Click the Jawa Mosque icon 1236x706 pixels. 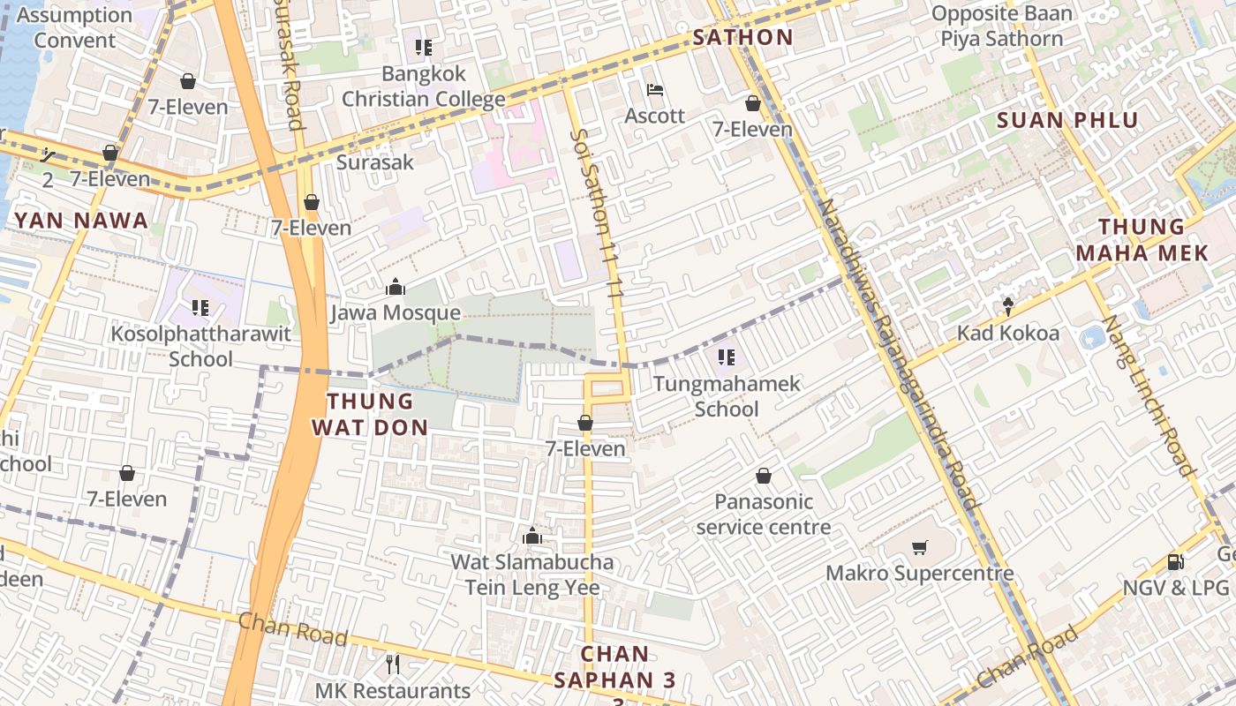pyautogui.click(x=395, y=288)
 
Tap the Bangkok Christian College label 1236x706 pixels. pyautogui.click(x=423, y=86)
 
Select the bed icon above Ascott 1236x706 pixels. pyautogui.click(x=655, y=90)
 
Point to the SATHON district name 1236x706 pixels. pyautogui.click(x=742, y=37)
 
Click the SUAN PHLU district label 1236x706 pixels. pyautogui.click(x=1067, y=120)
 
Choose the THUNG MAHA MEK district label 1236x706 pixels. pyautogui.click(x=1142, y=240)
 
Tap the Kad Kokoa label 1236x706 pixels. pyautogui.click(x=1008, y=334)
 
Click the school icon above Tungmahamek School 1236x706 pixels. pyautogui.click(x=727, y=357)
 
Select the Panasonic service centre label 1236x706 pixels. pyautogui.click(x=764, y=514)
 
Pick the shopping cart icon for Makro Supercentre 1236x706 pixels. pyautogui.click(x=919, y=548)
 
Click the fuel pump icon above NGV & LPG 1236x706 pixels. pyautogui.click(x=1175, y=562)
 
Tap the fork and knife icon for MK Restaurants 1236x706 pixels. pyautogui.click(x=393, y=663)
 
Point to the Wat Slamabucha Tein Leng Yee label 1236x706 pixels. pyautogui.click(x=531, y=575)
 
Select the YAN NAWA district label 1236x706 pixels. pyautogui.click(x=81, y=221)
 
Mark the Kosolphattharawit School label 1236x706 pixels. pyautogui.click(x=200, y=347)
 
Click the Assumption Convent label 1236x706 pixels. pyautogui.click(x=74, y=27)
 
